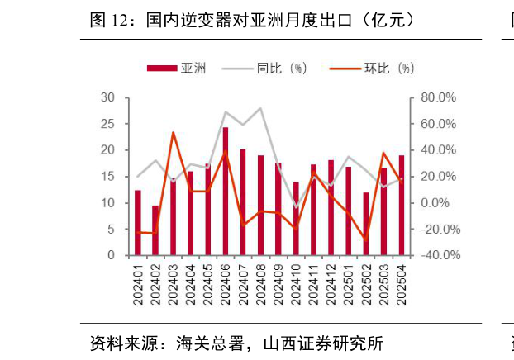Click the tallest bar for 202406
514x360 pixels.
[226, 191]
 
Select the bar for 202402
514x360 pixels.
[155, 230]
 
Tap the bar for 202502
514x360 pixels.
[366, 224]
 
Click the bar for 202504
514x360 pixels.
[402, 205]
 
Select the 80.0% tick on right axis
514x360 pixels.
[438, 97]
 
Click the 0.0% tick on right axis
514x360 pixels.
[435, 203]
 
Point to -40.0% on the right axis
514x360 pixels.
[438, 256]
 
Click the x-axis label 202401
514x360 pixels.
[138, 284]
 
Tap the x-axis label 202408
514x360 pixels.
[261, 284]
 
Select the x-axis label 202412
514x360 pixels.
[331, 284]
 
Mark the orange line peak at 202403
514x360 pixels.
[173, 132]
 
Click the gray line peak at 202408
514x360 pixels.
[261, 108]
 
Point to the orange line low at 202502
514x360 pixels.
[366, 239]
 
